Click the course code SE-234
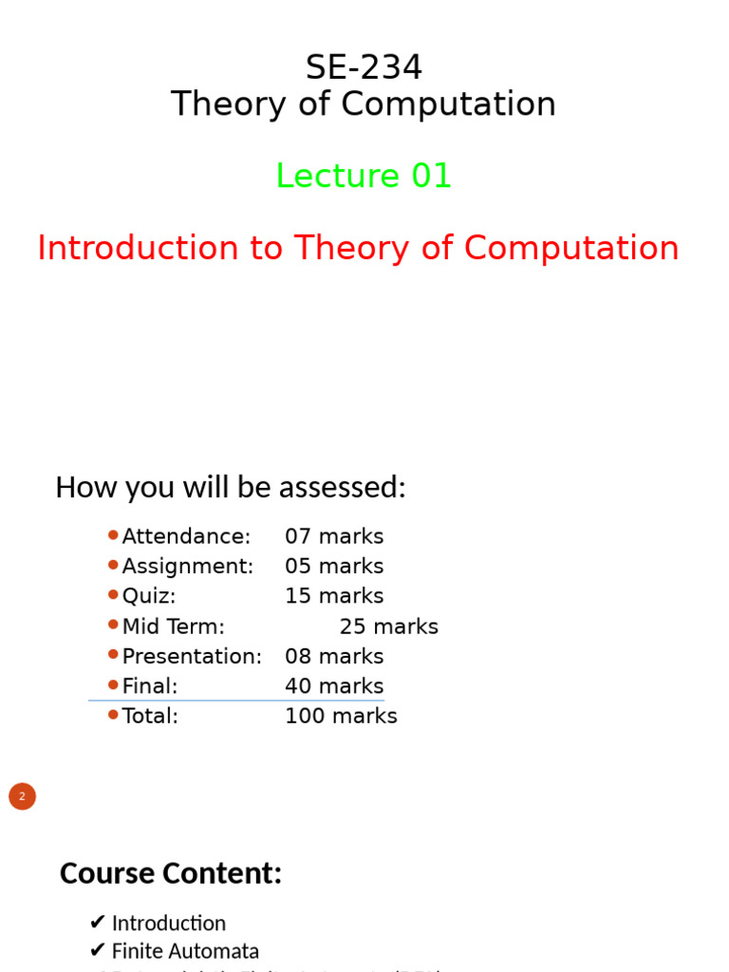364,67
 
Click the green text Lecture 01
364,177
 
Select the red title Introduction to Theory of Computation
358,249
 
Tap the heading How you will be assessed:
230,487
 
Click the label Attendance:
186,537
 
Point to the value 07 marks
334,537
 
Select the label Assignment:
188,567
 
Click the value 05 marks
334,567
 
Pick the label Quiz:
149,597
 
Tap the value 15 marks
334,597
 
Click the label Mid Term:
174,627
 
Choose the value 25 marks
389,627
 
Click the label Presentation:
192,657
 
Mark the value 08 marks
334,657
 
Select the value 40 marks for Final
334,686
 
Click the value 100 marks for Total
341,717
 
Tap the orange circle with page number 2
22,796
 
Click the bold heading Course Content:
171,873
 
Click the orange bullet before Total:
113,715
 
